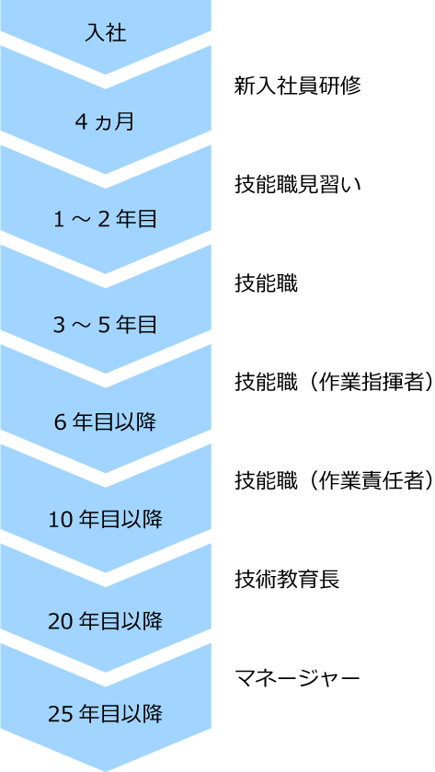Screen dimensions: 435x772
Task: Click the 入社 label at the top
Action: (x=106, y=33)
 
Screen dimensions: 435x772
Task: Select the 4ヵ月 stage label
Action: (x=105, y=121)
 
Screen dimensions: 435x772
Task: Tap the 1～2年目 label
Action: (x=106, y=220)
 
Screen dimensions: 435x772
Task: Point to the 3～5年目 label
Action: (x=106, y=325)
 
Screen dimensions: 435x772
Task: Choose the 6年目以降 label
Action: (x=106, y=423)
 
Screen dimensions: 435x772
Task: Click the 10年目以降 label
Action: (x=106, y=519)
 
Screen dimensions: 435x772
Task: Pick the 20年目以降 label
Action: (x=106, y=622)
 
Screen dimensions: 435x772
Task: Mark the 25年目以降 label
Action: (x=106, y=713)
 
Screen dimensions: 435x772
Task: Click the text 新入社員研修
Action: (x=298, y=86)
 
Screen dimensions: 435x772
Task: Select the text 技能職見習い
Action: (x=298, y=185)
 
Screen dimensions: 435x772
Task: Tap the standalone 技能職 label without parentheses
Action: (x=266, y=284)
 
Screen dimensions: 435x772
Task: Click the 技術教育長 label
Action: (x=287, y=581)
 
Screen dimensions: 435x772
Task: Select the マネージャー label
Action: (x=298, y=679)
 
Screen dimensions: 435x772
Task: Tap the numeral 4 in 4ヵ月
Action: (x=80, y=121)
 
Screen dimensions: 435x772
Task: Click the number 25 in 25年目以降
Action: (x=59, y=714)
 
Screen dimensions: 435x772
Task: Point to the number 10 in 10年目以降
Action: (x=59, y=520)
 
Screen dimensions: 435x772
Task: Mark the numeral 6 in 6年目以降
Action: (x=60, y=423)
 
